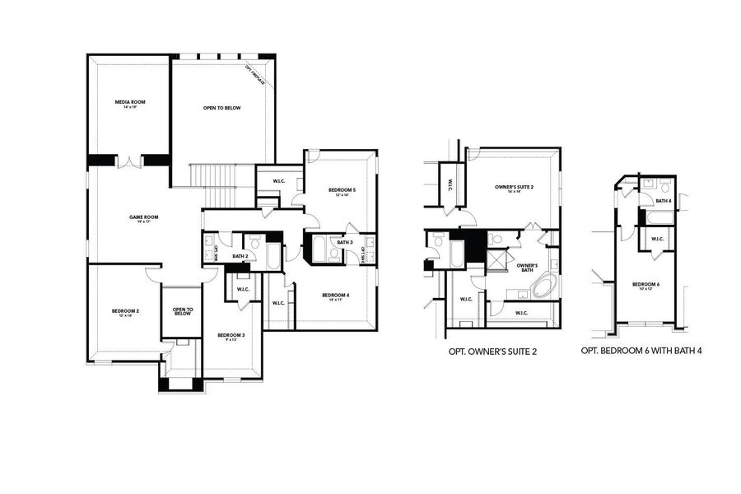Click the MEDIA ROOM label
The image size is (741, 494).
(x=128, y=104)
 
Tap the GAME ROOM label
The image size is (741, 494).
(x=143, y=218)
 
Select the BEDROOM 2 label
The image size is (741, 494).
(x=126, y=312)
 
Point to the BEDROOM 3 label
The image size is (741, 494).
(x=231, y=336)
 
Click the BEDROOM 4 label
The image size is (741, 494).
(x=336, y=296)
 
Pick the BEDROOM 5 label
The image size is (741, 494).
(x=342, y=192)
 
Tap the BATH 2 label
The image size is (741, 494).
(x=240, y=257)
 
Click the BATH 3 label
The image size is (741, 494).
(x=344, y=242)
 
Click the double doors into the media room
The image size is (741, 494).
(x=129, y=161)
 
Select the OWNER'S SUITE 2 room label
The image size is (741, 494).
(x=515, y=189)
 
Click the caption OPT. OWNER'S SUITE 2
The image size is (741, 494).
(x=492, y=352)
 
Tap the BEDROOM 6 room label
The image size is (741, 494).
(x=645, y=286)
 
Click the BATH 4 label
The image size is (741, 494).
(x=664, y=201)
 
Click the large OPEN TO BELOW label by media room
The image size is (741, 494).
(x=221, y=109)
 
